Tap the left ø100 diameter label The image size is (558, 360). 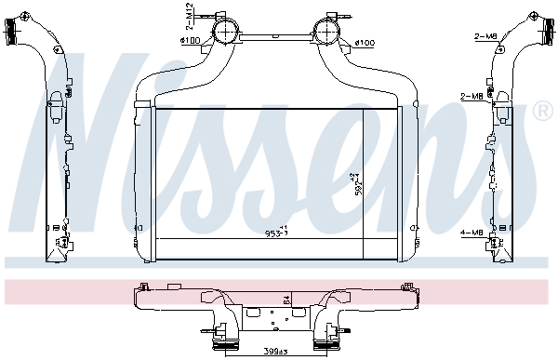click(x=192, y=40)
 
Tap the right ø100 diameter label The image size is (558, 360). click(x=364, y=43)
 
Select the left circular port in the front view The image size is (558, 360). click(x=224, y=33)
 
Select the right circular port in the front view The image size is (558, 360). click(x=327, y=33)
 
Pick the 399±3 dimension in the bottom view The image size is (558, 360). click(x=273, y=352)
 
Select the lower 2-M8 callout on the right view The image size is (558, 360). click(x=472, y=96)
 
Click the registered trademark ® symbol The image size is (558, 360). click(x=544, y=111)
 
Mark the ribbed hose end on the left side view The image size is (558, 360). click(x=17, y=34)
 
